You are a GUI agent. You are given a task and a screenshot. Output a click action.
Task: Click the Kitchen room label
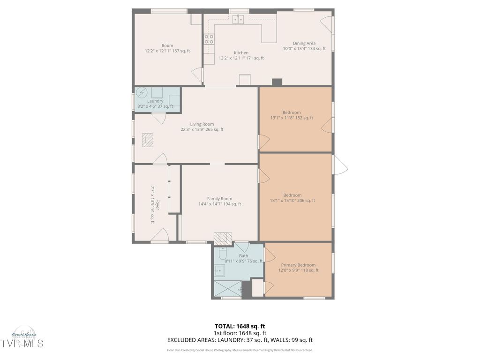pos(241,52)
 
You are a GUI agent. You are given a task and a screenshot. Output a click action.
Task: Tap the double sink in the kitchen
pos(238,19)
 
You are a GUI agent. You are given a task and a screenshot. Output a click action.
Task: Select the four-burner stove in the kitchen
pos(209,39)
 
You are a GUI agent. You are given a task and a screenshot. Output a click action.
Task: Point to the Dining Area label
pos(304,43)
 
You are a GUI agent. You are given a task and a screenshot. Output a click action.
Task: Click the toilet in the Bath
pos(223,252)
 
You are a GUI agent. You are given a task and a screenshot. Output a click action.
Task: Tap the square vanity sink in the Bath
pos(219,270)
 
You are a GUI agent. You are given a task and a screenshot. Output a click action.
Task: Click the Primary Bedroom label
pos(298,265)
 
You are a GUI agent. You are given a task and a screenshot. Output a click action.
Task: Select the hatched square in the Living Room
pos(148,140)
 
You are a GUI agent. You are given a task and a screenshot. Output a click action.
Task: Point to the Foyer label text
pos(157,205)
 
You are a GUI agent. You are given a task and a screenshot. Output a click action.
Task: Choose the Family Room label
pos(219,198)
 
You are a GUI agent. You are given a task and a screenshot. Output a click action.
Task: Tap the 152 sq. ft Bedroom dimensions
pos(292,118)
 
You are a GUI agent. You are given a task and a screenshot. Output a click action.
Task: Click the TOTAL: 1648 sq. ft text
pos(240,326)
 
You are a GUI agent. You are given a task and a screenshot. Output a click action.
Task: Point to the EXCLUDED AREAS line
pos(240,340)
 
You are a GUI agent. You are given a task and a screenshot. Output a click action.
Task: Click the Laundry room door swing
pos(160,118)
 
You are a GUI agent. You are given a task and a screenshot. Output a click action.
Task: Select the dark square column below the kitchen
pos(277,82)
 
